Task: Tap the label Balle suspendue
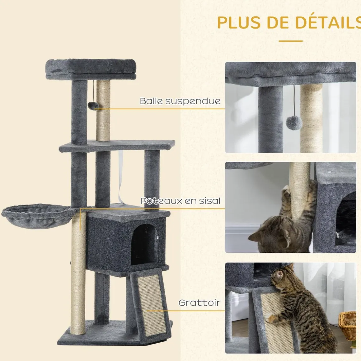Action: pos(180,101)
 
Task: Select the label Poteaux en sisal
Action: pos(181,201)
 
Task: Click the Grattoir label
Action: pos(199,302)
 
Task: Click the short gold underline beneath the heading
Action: pos(291,41)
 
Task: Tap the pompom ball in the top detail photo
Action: pos(294,123)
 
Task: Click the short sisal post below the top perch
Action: pos(103,111)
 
